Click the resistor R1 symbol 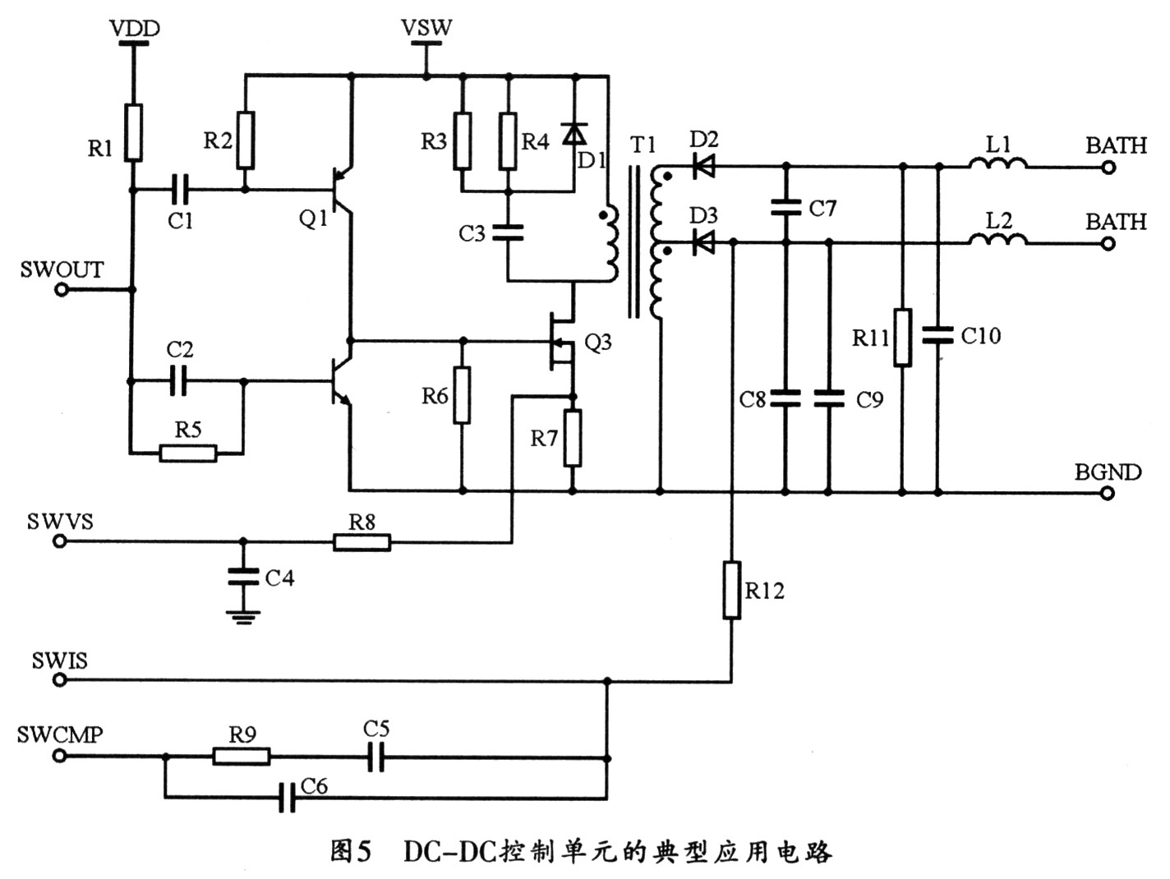pos(133,132)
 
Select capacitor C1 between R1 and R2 pos(179,190)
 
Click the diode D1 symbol pos(574,133)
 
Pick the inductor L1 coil pos(997,164)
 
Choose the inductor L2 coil pos(997,240)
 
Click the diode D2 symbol pos(703,166)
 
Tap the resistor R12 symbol pos(732,590)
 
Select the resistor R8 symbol pos(362,542)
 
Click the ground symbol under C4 pos(243,617)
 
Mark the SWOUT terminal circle pos(62,290)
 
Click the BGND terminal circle pos(1108,493)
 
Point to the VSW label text pos(426,28)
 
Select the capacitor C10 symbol pos(937,335)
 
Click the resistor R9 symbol pos(242,757)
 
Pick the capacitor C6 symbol pos(287,798)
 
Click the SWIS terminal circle pos(60,680)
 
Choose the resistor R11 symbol pos(902,337)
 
